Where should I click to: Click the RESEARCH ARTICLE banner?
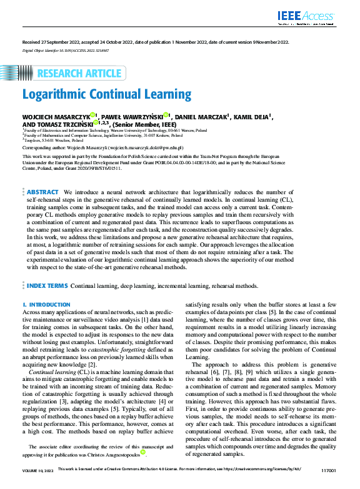(78, 74)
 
